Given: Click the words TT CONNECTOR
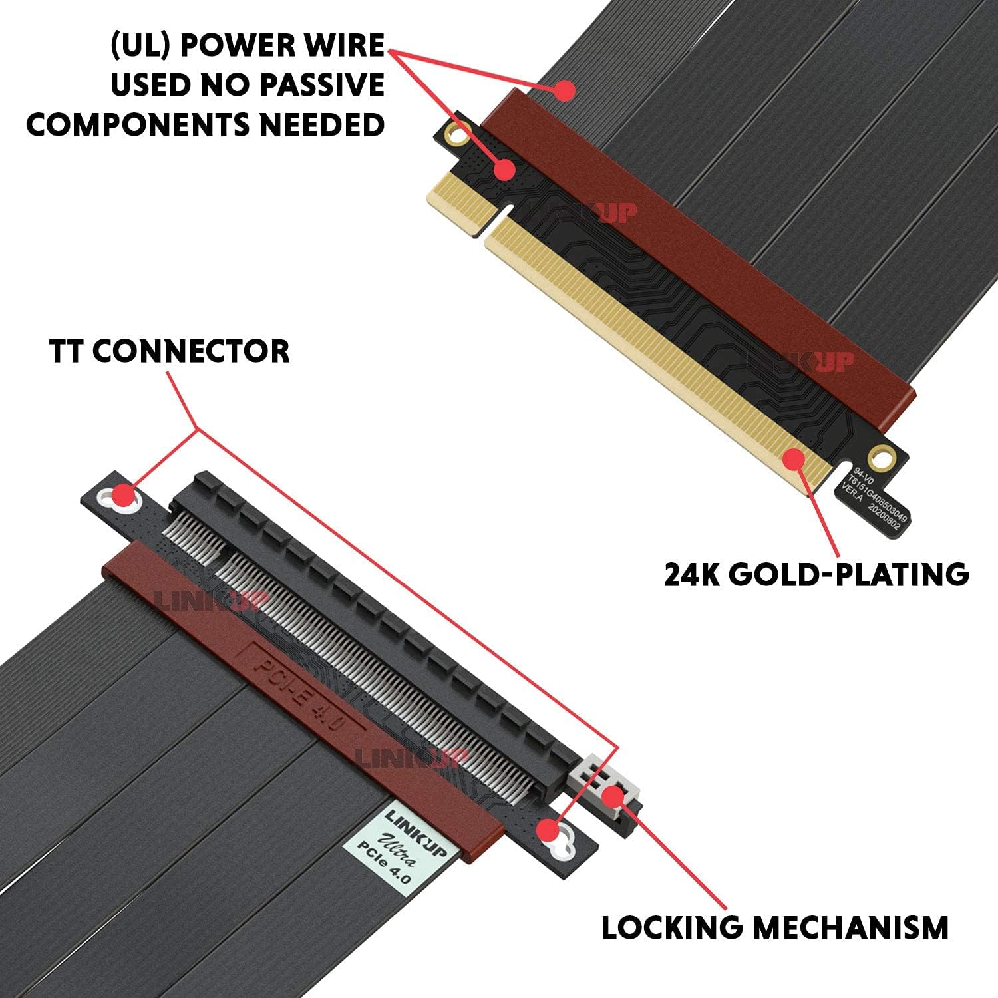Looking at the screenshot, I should [x=169, y=351].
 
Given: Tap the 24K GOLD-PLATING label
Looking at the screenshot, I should [x=816, y=574].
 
